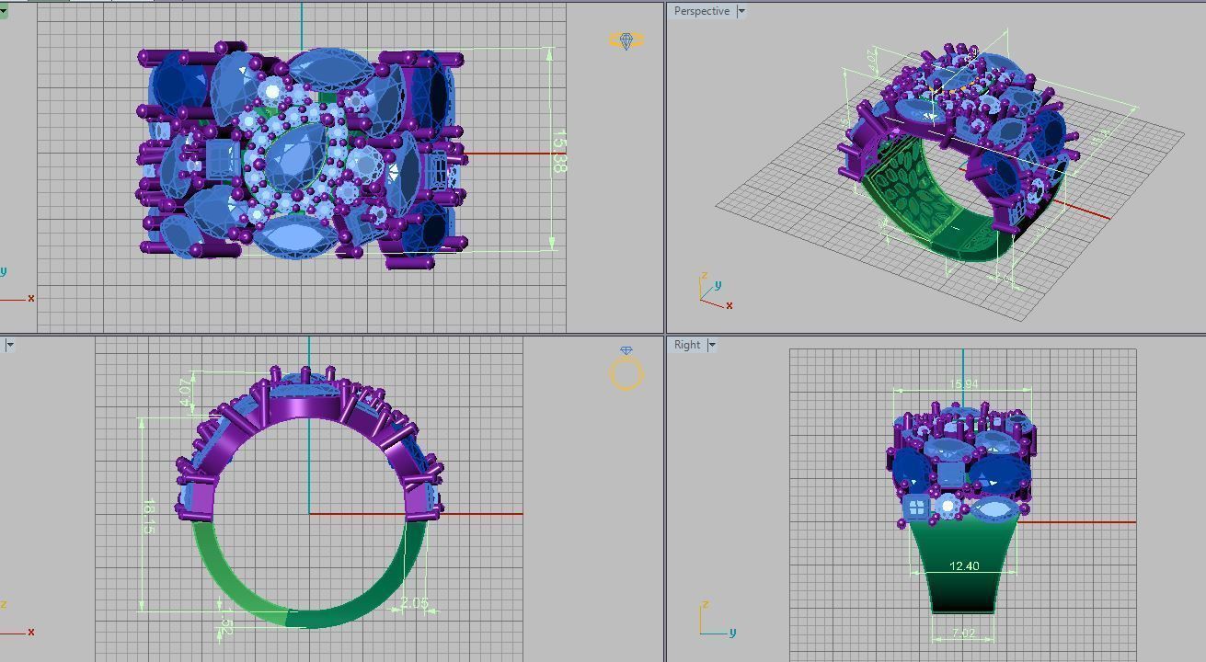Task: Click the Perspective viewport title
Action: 701,11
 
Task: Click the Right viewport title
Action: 687,345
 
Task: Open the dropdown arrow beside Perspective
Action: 741,11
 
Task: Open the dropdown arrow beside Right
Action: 712,345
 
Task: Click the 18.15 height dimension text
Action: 148,518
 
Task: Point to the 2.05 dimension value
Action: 415,603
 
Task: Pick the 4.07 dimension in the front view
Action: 187,391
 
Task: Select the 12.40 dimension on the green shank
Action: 963,566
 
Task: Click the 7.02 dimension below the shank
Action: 963,633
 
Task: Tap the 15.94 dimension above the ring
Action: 963,384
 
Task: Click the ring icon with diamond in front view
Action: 626,370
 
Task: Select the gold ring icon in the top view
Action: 626,41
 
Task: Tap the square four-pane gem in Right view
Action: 916,508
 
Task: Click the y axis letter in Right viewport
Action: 731,633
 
